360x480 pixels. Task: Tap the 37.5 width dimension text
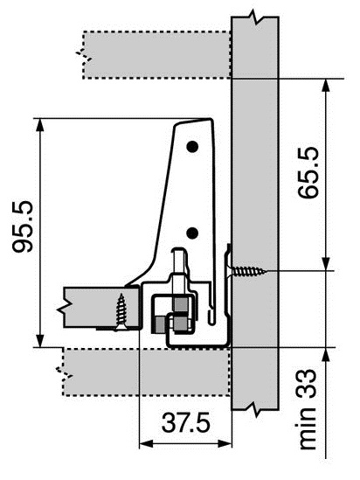184,423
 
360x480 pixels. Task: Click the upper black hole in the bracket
193,145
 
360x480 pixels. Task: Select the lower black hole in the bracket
192,233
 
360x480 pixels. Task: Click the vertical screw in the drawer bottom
121,310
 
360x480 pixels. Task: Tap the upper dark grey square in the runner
179,304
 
